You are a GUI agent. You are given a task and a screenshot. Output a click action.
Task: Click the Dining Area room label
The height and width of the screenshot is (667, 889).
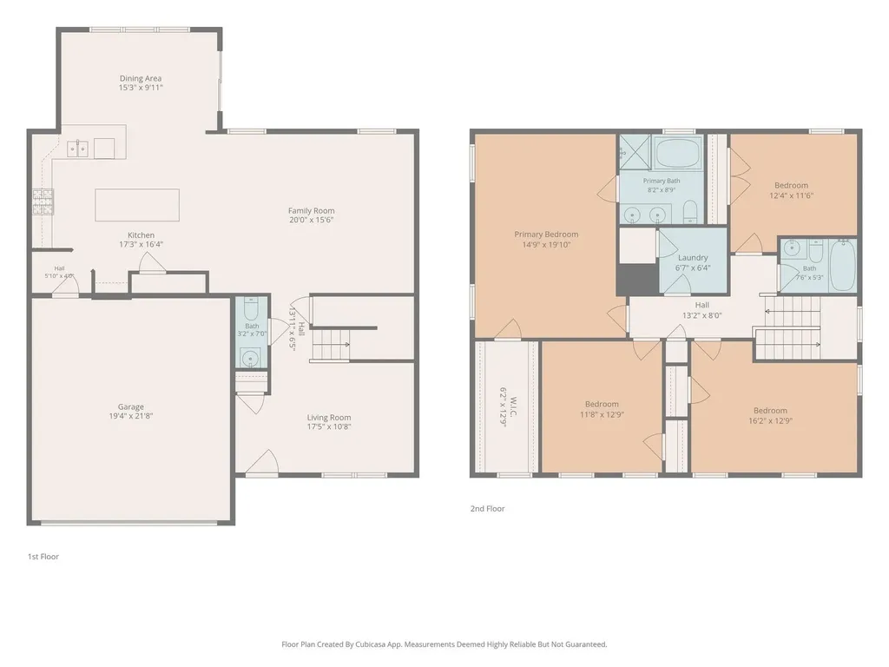click(x=141, y=78)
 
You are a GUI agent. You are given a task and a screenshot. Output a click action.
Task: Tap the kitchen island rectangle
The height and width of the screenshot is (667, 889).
click(x=137, y=205)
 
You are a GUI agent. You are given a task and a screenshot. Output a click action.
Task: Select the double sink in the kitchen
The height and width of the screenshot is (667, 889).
click(x=77, y=149)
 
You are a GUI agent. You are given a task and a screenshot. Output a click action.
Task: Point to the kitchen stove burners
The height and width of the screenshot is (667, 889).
click(x=43, y=201)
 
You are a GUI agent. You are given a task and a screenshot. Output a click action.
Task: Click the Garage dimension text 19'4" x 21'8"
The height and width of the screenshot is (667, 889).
click(x=131, y=416)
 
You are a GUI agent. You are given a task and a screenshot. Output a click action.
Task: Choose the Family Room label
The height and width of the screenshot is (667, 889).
click(x=312, y=210)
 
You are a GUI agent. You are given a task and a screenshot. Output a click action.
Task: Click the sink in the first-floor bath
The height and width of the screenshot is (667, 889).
click(x=250, y=359)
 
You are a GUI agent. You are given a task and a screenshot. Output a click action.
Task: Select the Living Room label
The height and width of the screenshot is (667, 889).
click(x=329, y=418)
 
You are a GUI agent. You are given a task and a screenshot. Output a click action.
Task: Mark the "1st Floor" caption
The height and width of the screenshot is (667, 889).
click(x=43, y=557)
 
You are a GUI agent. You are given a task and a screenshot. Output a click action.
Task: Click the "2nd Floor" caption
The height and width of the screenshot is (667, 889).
click(x=487, y=508)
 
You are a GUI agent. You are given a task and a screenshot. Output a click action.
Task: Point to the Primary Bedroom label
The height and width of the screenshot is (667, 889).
click(x=546, y=234)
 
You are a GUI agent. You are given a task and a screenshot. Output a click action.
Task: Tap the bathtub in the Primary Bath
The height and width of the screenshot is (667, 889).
click(x=679, y=153)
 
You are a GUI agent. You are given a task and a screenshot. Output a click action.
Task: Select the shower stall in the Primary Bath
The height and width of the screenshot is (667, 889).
click(x=635, y=152)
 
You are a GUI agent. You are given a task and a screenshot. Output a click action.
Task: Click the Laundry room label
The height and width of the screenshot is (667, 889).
click(x=693, y=257)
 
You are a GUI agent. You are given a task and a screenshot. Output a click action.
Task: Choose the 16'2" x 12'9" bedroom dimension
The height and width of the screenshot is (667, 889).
click(x=770, y=421)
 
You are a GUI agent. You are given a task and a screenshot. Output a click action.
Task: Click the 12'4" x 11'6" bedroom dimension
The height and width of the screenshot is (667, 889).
click(x=792, y=195)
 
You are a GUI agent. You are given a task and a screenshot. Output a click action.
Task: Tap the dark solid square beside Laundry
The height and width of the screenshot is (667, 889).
click(x=637, y=279)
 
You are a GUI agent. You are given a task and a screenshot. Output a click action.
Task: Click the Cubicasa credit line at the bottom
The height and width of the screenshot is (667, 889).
click(x=444, y=644)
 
